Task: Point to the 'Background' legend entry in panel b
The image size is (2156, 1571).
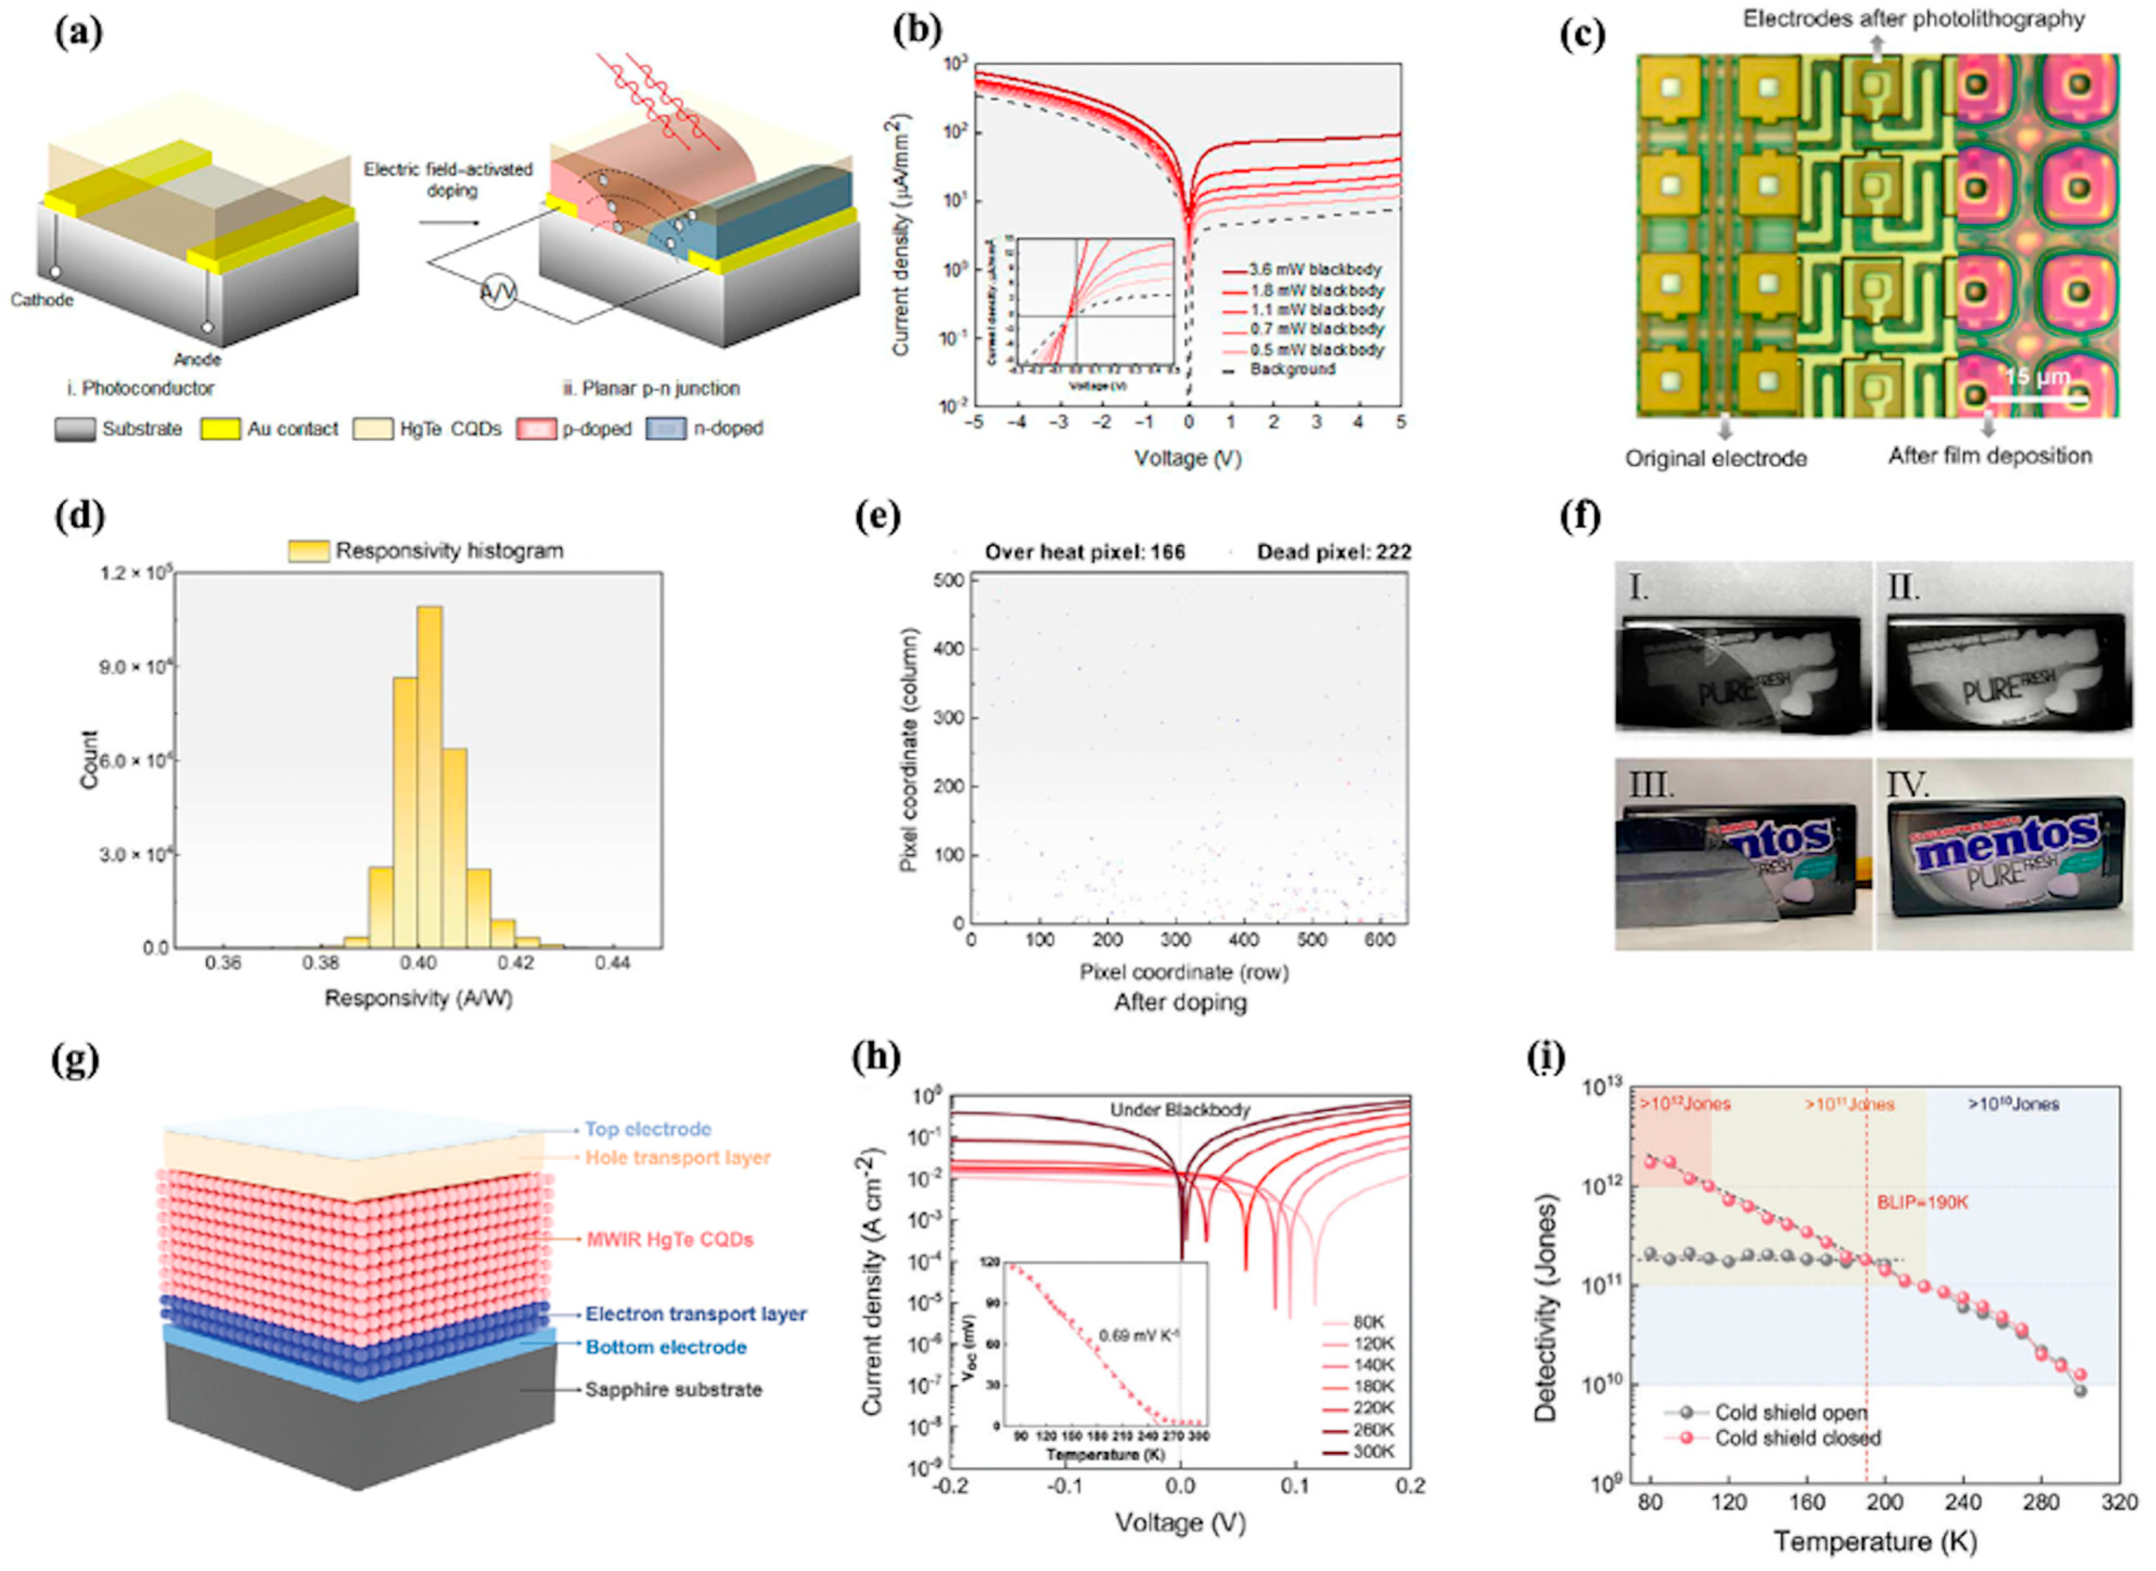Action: click(x=1293, y=369)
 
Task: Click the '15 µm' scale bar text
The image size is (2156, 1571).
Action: click(x=2037, y=376)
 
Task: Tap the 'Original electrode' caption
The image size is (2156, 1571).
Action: click(x=1715, y=458)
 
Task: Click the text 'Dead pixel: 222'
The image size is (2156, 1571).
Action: click(x=1333, y=552)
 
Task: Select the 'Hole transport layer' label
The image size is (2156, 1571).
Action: click(x=677, y=1157)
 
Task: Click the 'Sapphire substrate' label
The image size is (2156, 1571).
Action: click(x=673, y=1390)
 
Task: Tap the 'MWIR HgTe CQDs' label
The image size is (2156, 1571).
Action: click(x=670, y=1239)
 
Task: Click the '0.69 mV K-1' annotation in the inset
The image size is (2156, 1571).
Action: click(x=1139, y=1335)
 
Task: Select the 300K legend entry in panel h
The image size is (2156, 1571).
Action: click(x=1373, y=1452)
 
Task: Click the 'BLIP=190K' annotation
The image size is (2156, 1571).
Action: click(x=1921, y=1203)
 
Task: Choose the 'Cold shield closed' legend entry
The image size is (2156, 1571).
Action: click(x=1797, y=1438)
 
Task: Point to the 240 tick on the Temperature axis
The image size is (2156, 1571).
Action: click(x=1963, y=1502)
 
